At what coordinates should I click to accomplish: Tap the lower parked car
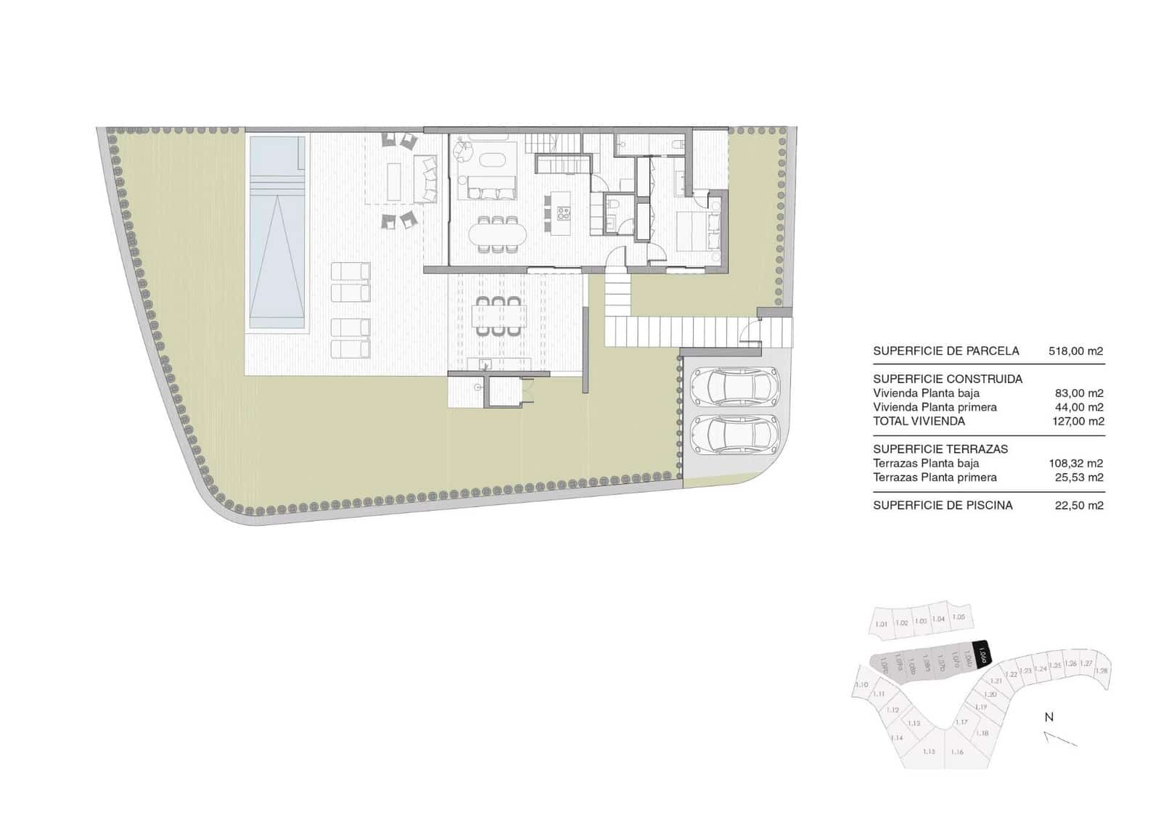(734, 434)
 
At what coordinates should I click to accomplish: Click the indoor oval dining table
(498, 234)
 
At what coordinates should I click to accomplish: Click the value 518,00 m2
(1076, 351)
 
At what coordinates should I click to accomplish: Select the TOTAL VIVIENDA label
(919, 422)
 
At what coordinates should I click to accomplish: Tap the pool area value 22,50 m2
(1078, 506)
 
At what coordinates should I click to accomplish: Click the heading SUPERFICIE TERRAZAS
(940, 449)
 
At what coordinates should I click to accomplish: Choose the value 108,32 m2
(1076, 464)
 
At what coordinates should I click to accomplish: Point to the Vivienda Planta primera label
(935, 407)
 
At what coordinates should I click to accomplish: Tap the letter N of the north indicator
(1049, 718)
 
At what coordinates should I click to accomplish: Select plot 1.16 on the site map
(957, 752)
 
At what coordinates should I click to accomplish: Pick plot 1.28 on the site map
(1101, 671)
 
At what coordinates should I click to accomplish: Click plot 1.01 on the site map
(881, 624)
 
